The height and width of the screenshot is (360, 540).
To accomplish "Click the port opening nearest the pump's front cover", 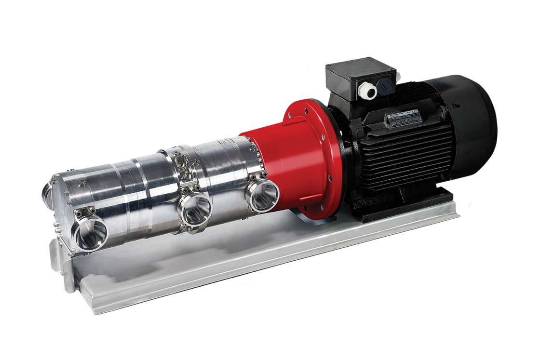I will click(x=90, y=233).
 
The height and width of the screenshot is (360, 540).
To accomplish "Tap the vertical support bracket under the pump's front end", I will click(x=60, y=260).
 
